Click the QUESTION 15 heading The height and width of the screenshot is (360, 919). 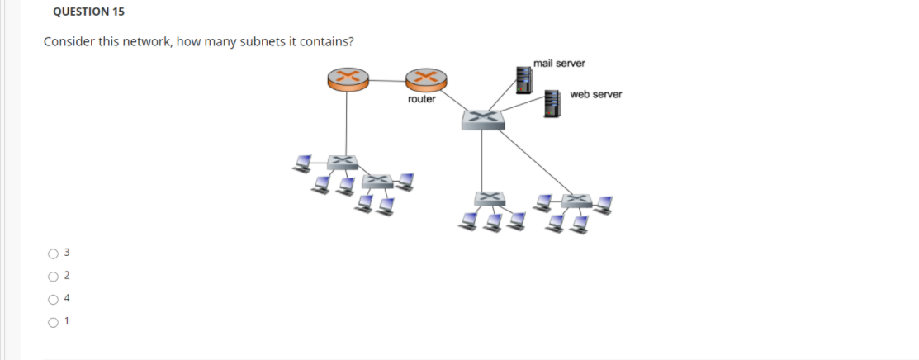(x=81, y=12)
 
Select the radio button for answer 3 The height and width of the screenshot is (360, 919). (x=53, y=253)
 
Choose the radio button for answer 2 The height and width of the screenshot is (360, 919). (x=53, y=276)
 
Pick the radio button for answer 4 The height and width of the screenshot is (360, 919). (x=53, y=299)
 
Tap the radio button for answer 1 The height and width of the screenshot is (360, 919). (x=53, y=321)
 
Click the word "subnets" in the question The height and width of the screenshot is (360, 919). (x=261, y=42)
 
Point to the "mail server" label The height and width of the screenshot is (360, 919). (x=559, y=63)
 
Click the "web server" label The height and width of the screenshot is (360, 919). (x=595, y=95)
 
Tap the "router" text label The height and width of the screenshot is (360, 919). (x=421, y=99)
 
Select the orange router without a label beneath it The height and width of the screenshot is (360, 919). (x=347, y=79)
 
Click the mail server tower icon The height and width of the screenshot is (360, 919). (x=523, y=79)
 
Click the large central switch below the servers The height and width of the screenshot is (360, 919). (x=483, y=118)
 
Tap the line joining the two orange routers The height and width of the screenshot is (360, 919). (x=386, y=79)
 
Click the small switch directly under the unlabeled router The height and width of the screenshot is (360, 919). (x=339, y=162)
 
